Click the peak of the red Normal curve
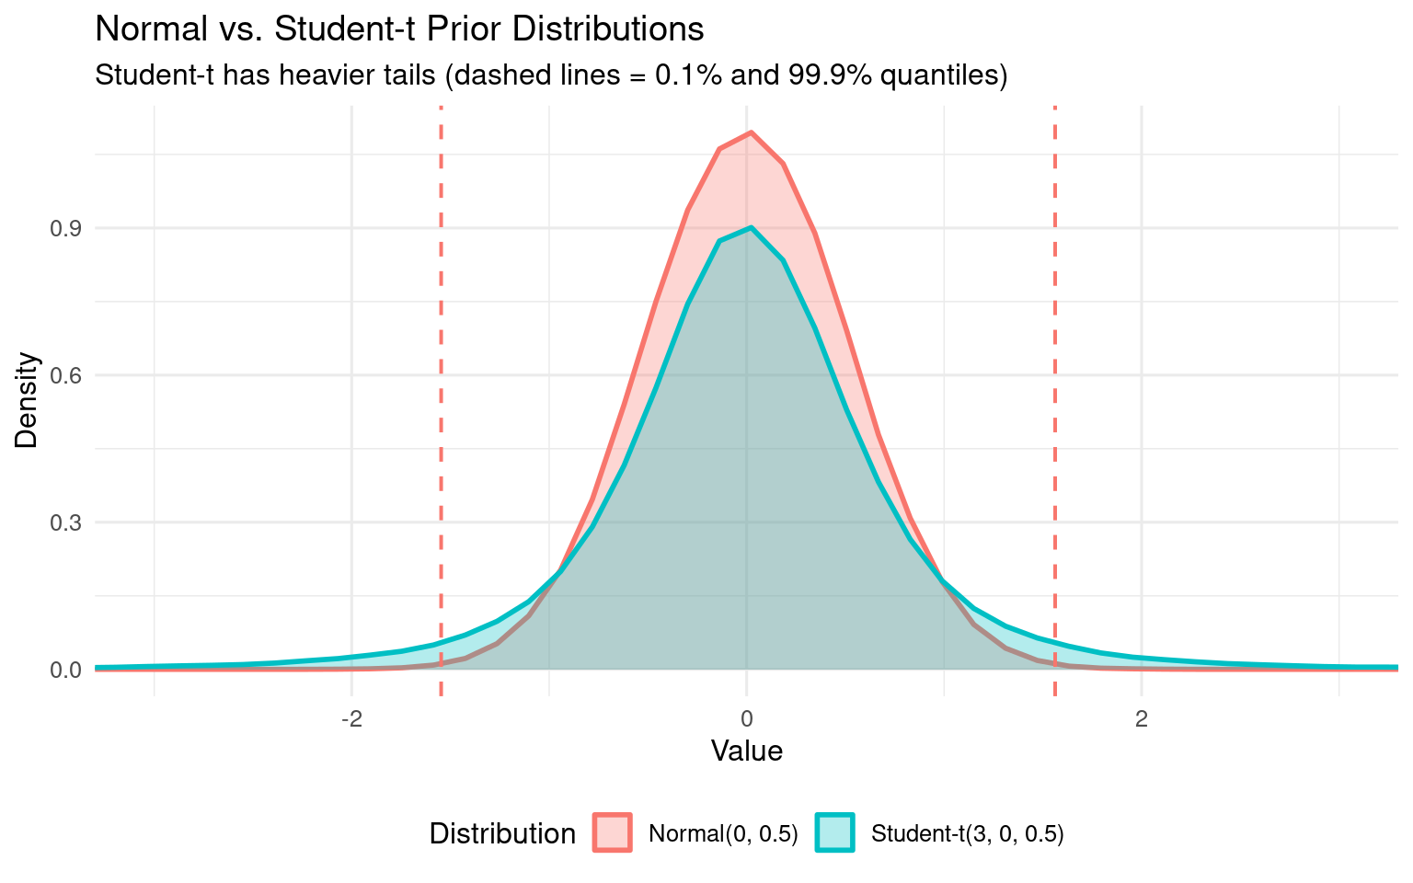751,132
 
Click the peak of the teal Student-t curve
751,227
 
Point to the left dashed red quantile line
441,386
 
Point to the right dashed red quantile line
1054,386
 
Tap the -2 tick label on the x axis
350,718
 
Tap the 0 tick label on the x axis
746,718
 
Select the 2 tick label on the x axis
1142,718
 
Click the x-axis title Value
746,751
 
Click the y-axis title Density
28,400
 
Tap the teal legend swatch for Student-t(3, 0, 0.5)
834,833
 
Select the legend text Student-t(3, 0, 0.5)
967,834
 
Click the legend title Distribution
502,834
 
